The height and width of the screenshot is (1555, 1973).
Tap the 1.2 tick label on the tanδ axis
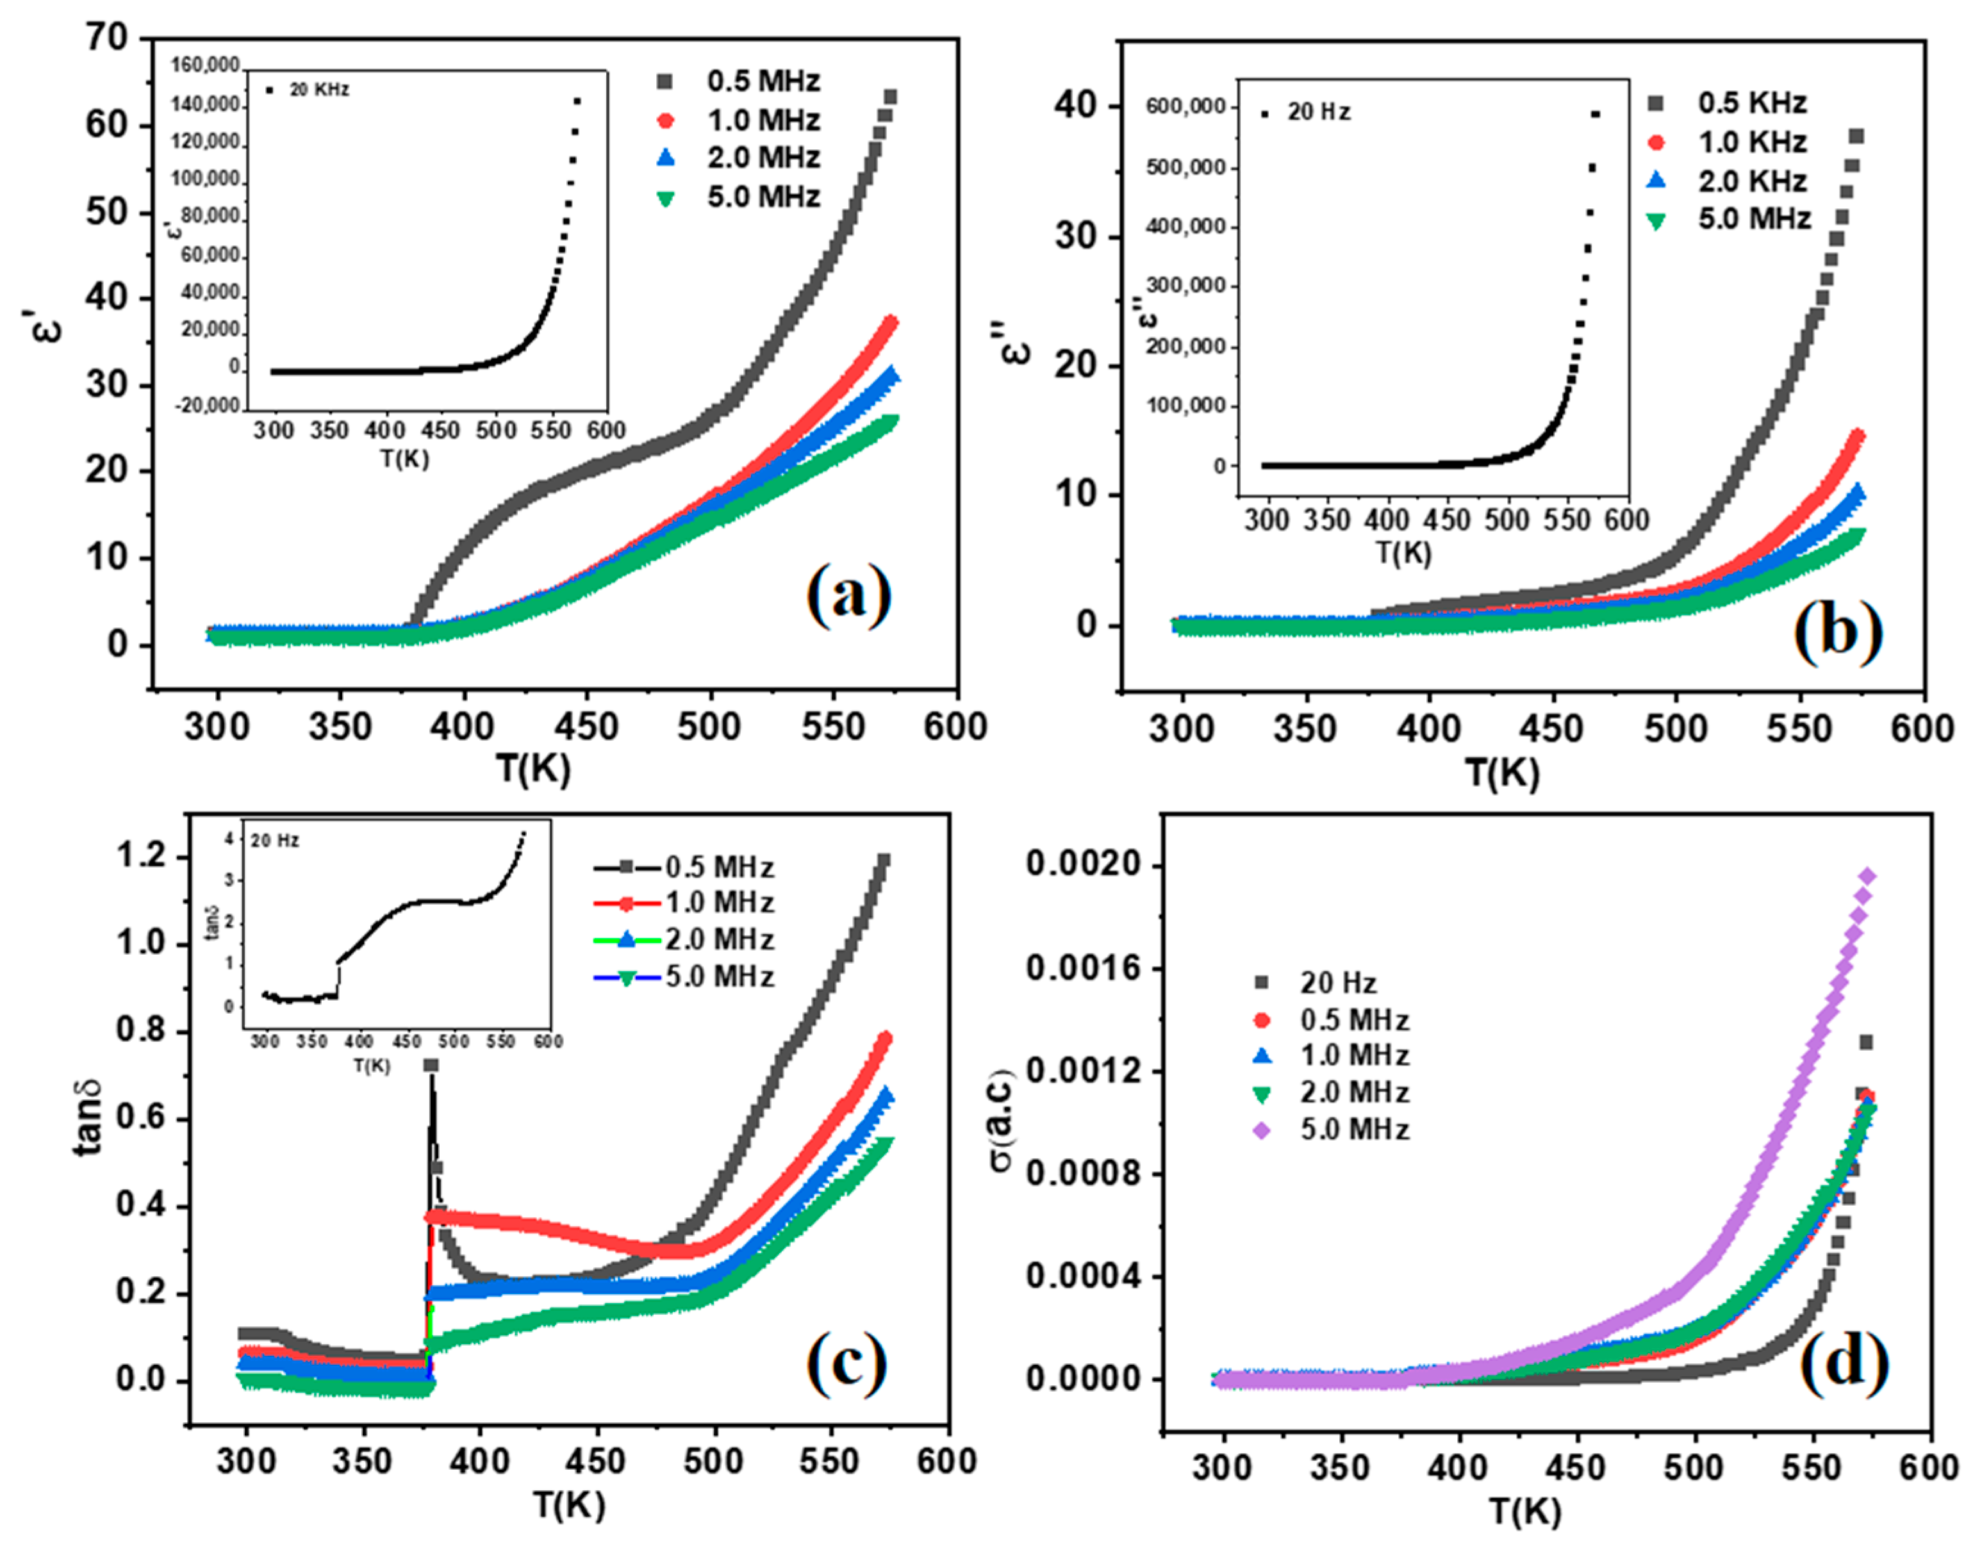(140, 856)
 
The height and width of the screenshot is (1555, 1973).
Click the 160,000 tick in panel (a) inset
(205, 65)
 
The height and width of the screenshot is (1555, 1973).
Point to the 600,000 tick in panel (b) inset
(1185, 106)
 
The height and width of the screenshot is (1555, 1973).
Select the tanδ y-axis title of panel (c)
(88, 1116)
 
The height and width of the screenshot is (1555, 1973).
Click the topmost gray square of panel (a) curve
(889, 97)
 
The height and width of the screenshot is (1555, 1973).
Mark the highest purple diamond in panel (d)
(1867, 876)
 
